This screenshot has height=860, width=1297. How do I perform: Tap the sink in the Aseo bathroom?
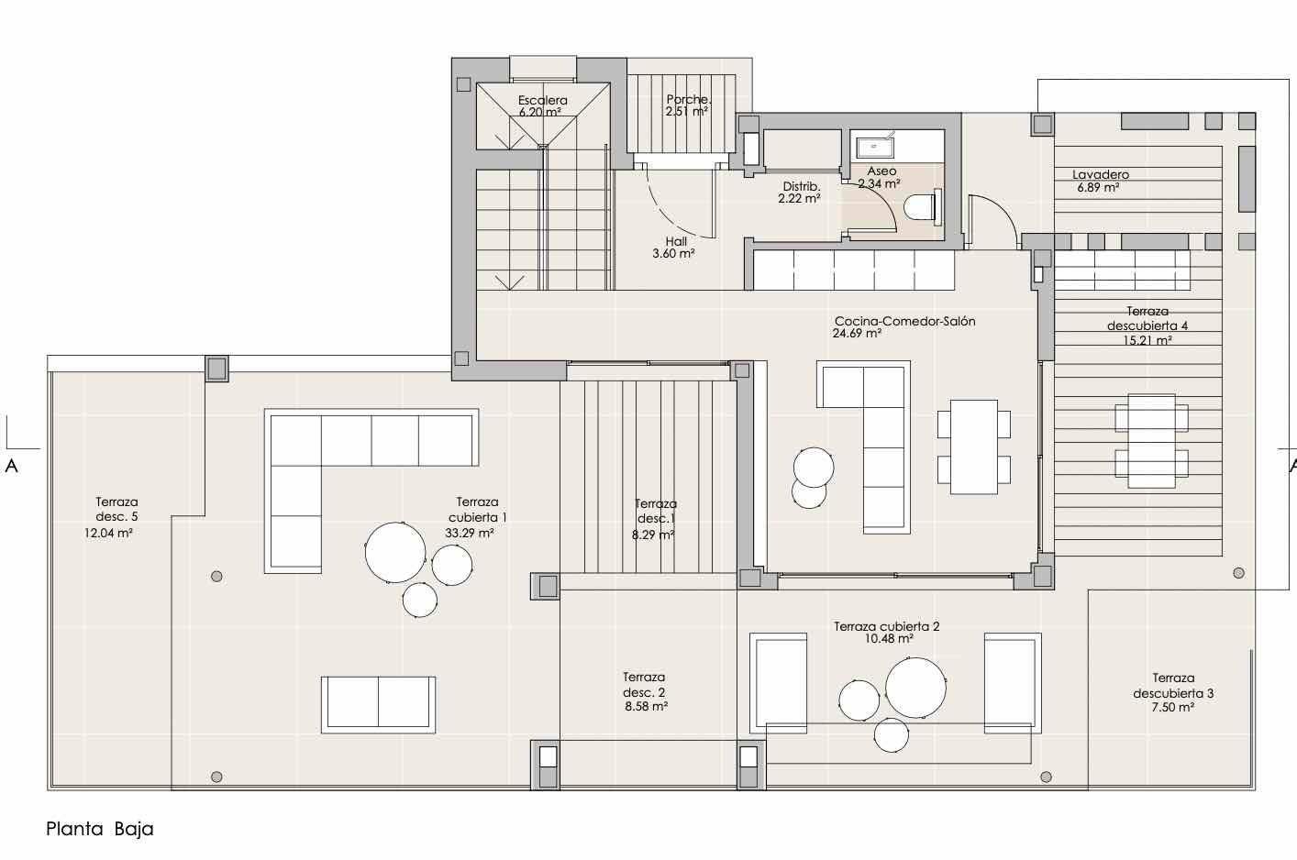[875, 147]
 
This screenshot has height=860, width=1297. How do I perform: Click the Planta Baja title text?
[100, 829]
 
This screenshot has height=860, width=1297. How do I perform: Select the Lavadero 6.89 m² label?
[1100, 181]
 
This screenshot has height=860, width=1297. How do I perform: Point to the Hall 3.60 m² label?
[674, 248]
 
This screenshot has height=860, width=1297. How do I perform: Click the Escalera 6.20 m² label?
[542, 106]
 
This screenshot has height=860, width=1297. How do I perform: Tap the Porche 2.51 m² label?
[687, 105]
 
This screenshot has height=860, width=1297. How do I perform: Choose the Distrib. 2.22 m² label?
[800, 193]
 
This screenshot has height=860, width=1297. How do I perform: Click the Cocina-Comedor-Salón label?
[905, 321]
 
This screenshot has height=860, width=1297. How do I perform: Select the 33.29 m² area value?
[470, 533]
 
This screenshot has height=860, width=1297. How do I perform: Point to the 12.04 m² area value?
[109, 533]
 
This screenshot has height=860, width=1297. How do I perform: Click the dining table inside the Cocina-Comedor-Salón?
[974, 447]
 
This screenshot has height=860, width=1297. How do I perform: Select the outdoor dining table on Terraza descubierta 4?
[1152, 441]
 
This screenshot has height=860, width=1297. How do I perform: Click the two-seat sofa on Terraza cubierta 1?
[378, 704]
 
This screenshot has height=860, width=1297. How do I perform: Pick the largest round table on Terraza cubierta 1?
[395, 552]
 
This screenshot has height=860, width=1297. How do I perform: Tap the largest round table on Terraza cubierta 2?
[915, 688]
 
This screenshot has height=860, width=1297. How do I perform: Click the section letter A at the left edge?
[12, 466]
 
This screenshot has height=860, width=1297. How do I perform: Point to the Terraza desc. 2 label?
[645, 691]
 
